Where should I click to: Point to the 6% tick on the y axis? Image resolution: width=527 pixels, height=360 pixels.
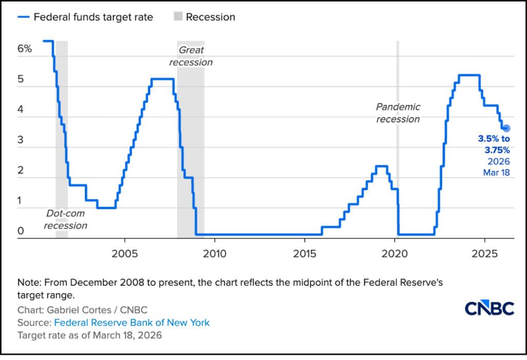click(25, 49)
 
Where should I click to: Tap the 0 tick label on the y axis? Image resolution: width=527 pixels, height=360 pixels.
click(21, 231)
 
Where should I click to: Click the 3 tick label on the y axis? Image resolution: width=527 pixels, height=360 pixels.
click(21, 141)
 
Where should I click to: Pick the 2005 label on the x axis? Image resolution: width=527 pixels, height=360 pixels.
click(124, 254)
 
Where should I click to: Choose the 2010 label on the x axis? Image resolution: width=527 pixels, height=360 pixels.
click(214, 254)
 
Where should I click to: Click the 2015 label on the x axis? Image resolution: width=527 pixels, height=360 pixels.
click(304, 254)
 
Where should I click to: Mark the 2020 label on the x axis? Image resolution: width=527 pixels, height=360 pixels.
click(395, 254)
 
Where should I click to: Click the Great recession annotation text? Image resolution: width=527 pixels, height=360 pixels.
click(191, 56)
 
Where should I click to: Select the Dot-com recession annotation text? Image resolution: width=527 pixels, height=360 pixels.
click(65, 219)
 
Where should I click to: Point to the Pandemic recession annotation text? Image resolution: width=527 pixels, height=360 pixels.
click(398, 113)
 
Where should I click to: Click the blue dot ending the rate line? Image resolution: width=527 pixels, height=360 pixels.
click(506, 128)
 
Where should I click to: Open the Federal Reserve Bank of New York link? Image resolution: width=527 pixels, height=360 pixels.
click(132, 323)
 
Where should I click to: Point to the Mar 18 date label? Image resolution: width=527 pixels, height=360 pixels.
click(496, 173)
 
